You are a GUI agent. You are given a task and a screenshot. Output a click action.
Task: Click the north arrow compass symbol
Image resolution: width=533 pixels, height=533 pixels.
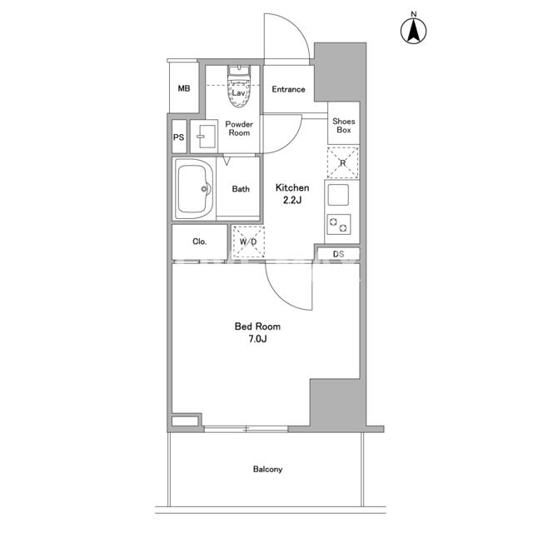[413, 31]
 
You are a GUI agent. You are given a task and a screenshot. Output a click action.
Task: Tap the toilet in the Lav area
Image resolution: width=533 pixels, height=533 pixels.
[239, 87]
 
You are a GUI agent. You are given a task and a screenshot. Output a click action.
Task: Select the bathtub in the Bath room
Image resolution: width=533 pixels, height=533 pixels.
[194, 189]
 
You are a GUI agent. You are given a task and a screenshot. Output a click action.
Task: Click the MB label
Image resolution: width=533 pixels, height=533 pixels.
[184, 88]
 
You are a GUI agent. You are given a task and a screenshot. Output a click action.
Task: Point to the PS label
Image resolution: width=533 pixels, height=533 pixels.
[178, 137]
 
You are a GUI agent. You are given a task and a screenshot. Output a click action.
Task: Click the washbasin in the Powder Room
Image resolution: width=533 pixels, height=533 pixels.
[204, 137]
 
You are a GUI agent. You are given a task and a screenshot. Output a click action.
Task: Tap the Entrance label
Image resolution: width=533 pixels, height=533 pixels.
[288, 89]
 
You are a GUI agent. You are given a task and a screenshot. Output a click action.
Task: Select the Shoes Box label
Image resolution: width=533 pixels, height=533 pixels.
[344, 126]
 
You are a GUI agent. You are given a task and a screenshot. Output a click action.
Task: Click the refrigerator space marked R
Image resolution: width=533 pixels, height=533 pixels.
[342, 163]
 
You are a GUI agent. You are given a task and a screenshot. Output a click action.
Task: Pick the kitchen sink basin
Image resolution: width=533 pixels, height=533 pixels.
[338, 195]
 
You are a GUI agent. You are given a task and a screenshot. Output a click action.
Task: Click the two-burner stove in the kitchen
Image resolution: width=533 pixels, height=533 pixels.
[339, 225]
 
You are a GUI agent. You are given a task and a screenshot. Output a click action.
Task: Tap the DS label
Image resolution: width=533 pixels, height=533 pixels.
[338, 254]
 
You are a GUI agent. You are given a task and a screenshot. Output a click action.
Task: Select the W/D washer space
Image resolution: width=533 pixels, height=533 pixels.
[248, 242]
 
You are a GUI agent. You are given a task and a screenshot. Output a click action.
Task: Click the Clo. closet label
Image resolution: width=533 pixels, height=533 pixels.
[199, 242]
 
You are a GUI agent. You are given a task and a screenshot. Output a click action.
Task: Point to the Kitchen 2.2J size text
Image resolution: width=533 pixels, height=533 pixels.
[292, 200]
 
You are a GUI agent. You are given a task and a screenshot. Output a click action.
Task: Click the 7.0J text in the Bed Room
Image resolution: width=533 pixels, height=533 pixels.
[257, 339]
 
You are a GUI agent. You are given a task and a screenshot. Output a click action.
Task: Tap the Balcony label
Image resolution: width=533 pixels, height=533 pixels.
[267, 470]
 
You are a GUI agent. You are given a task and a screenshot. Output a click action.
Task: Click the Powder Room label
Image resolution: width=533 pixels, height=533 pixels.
[239, 128]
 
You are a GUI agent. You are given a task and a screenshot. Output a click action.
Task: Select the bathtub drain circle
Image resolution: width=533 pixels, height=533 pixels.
[204, 189]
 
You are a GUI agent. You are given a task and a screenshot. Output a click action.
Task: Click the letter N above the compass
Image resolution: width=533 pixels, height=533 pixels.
[413, 14]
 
